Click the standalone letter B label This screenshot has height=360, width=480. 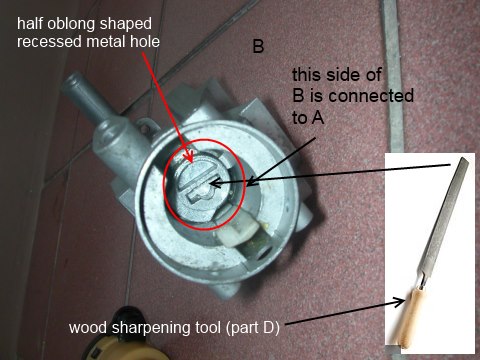258,46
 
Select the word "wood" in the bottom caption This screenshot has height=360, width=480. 89,328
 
